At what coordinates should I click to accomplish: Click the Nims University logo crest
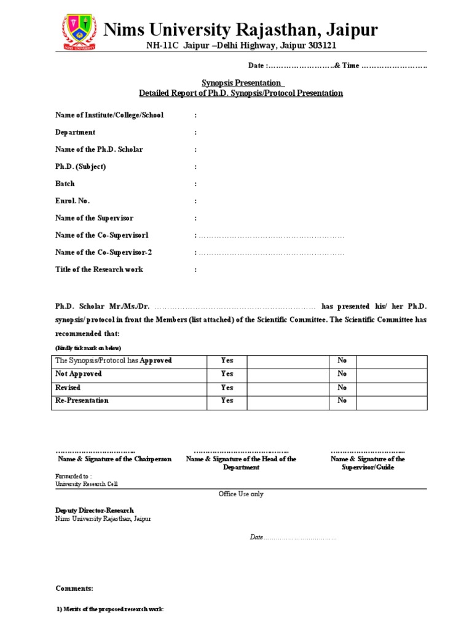pyautogui.click(x=78, y=32)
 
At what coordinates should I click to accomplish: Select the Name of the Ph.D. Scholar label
pyautogui.click(x=99, y=149)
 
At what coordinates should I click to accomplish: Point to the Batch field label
pyautogui.click(x=65, y=184)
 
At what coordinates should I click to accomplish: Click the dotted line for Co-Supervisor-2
pyautogui.click(x=271, y=252)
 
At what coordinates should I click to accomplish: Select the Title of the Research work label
pyautogui.click(x=99, y=270)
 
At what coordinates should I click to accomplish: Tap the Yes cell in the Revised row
pyautogui.click(x=227, y=388)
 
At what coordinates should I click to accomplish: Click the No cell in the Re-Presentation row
pyautogui.click(x=342, y=400)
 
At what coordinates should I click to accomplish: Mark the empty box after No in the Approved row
pyautogui.click(x=391, y=361)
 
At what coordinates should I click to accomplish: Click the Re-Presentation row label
pyautogui.click(x=82, y=400)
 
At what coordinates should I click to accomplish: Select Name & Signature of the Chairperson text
pyautogui.click(x=115, y=459)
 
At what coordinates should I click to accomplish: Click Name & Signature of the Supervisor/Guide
pyautogui.click(x=368, y=463)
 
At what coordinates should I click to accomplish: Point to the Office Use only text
pyautogui.click(x=241, y=494)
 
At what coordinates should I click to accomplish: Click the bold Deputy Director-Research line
pyautogui.click(x=95, y=510)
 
